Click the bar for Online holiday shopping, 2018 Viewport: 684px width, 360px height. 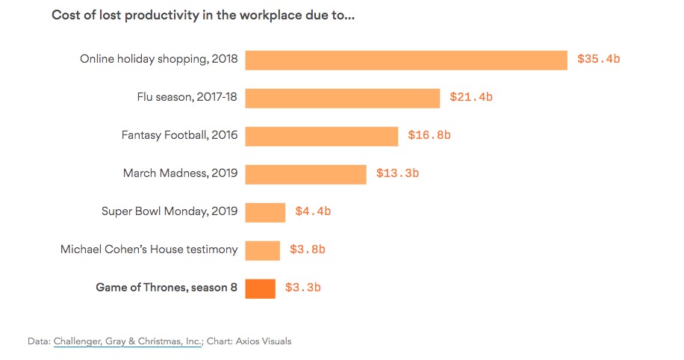pyautogui.click(x=406, y=60)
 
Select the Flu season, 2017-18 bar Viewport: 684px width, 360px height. pyautogui.click(x=343, y=98)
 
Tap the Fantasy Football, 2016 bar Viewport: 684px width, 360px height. pyautogui.click(x=322, y=137)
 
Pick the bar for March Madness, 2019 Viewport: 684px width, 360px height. pyautogui.click(x=305, y=175)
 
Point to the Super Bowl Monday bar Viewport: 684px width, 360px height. pyautogui.click(x=265, y=213)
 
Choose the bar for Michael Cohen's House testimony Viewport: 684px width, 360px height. pyautogui.click(x=262, y=250)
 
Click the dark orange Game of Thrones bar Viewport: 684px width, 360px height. pyautogui.click(x=260, y=289)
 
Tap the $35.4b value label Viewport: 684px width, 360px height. pyautogui.click(x=599, y=59)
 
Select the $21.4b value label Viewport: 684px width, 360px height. pyautogui.click(x=471, y=97)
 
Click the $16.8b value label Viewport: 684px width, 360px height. pyautogui.click(x=429, y=135)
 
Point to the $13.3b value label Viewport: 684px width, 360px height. pyautogui.click(x=397, y=173)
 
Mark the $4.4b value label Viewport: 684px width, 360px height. pyautogui.click(x=313, y=211)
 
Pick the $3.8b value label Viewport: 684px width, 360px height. pyautogui.click(x=308, y=249)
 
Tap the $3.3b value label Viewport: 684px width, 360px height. pyautogui.click(x=302, y=288)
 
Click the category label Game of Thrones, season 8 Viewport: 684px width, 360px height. pyautogui.click(x=167, y=288)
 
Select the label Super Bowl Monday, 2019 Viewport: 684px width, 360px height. pyautogui.click(x=170, y=211)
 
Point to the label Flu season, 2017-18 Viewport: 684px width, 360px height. pyautogui.click(x=187, y=97)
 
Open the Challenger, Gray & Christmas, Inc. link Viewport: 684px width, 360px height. pyautogui.click(x=128, y=341)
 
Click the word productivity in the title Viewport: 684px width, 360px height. pyautogui.click(x=162, y=16)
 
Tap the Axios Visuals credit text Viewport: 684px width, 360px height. pyautogui.click(x=264, y=341)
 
